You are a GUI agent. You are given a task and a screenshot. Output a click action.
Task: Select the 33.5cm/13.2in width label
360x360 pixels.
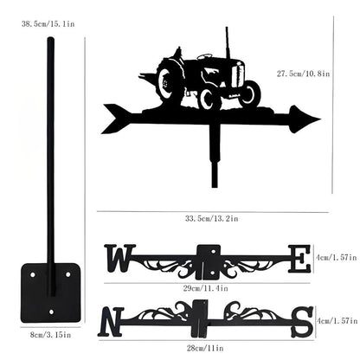[x=208, y=220]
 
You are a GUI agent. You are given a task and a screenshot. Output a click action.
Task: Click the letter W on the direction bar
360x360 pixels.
[x=119, y=258]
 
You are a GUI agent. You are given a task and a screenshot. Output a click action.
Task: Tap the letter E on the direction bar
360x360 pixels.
[x=299, y=258]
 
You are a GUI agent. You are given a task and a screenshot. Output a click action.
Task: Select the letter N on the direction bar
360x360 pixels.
[x=112, y=323]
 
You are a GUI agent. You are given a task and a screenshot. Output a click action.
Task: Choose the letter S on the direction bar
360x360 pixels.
[x=302, y=322]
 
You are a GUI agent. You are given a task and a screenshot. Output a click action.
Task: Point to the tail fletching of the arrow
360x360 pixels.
[x=117, y=119]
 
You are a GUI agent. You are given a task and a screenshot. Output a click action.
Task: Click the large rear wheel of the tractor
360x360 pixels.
[x=170, y=85]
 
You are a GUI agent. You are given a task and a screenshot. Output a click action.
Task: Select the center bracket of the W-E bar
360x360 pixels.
[x=208, y=259]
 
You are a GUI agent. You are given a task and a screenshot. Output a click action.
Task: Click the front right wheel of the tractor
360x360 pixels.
[x=249, y=93]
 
